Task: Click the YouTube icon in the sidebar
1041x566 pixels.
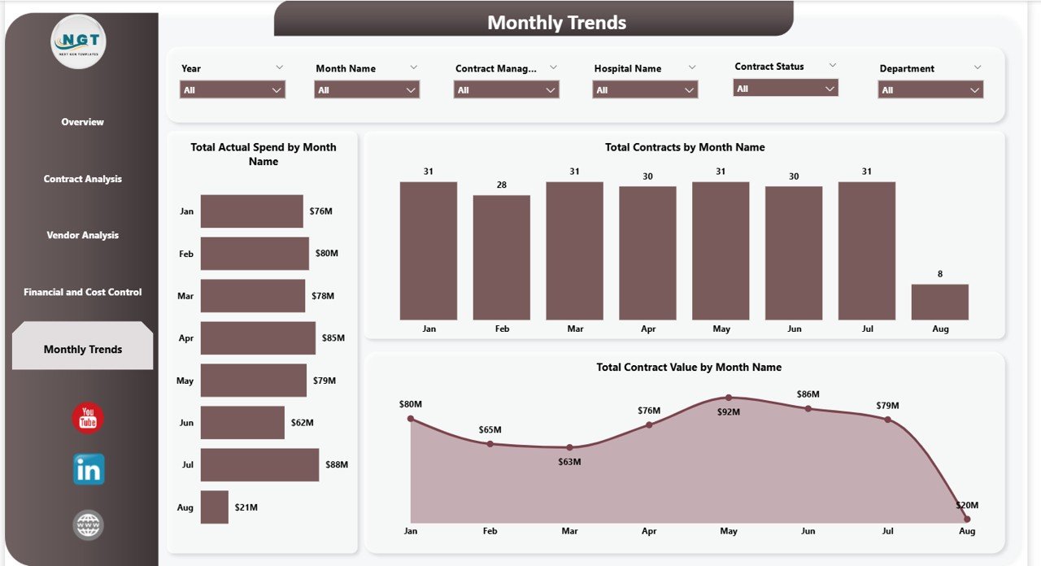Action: click(x=88, y=418)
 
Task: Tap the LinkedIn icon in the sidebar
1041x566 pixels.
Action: click(x=88, y=469)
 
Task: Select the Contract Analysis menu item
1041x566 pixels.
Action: click(x=82, y=179)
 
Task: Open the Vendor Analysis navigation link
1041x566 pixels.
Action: click(x=82, y=235)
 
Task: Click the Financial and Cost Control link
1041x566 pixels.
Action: click(x=82, y=292)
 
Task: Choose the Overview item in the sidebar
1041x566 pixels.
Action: click(x=82, y=122)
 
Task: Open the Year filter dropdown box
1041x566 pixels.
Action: click(x=233, y=89)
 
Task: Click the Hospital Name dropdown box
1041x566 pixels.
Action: click(x=645, y=89)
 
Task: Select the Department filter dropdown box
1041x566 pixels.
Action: click(x=930, y=89)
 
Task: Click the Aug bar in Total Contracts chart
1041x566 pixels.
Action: click(x=939, y=302)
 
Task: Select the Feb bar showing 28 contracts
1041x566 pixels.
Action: click(x=502, y=257)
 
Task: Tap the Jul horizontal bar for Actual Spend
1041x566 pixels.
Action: click(x=259, y=464)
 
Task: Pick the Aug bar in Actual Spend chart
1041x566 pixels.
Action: click(x=215, y=507)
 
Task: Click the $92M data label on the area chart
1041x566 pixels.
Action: click(x=729, y=412)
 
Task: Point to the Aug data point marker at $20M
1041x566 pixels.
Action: click(x=967, y=518)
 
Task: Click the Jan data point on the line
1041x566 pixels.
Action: click(x=411, y=419)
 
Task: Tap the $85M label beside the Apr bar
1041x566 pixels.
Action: click(x=333, y=338)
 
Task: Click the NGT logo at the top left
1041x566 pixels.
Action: click(x=78, y=41)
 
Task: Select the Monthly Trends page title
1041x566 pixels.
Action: click(x=556, y=23)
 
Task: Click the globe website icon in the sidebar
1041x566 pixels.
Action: click(x=88, y=525)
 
